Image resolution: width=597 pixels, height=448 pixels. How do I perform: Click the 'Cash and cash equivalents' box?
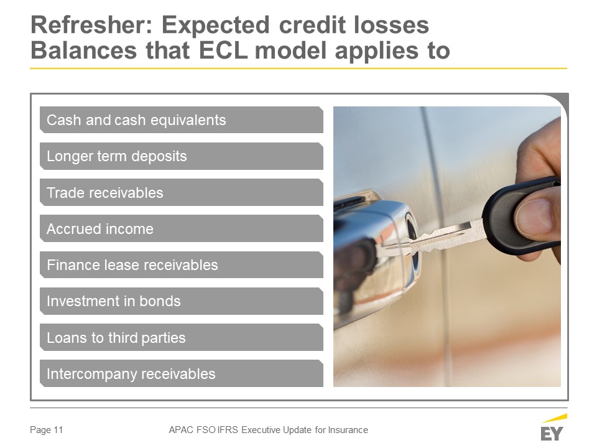click(x=181, y=120)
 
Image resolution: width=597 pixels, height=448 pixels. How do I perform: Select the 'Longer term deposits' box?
click(x=181, y=156)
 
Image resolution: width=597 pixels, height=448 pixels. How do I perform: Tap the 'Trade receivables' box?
click(x=181, y=192)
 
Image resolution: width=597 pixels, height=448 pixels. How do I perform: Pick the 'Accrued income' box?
click(x=181, y=228)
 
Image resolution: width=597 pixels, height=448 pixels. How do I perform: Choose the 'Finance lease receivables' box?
click(x=181, y=265)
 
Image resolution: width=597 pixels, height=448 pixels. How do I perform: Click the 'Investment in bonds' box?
click(x=181, y=301)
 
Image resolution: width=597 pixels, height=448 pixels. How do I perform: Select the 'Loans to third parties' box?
click(x=181, y=337)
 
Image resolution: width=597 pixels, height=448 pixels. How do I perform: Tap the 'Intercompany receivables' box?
click(x=181, y=374)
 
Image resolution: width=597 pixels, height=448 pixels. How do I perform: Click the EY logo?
click(x=553, y=428)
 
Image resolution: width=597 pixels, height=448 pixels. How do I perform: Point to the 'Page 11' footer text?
click(x=47, y=430)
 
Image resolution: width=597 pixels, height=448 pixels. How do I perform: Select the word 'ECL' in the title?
click(x=223, y=50)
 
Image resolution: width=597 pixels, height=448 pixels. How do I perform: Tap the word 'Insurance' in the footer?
click(x=348, y=430)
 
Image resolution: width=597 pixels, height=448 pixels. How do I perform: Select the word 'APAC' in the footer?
click(x=181, y=430)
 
